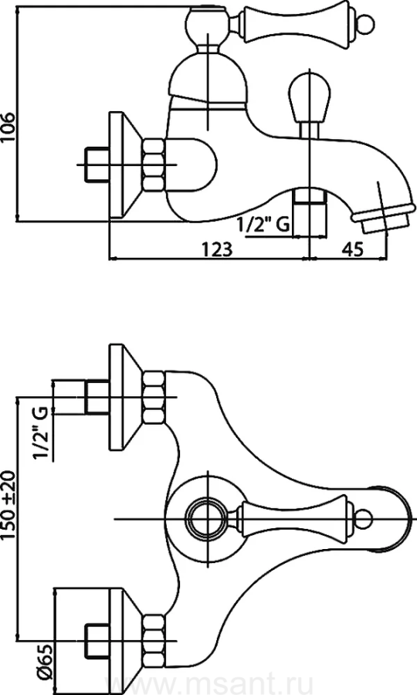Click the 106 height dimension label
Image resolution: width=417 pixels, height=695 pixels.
click(8, 127)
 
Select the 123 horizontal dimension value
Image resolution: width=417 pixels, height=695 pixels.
click(217, 249)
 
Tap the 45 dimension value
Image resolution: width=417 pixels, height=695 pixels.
click(352, 249)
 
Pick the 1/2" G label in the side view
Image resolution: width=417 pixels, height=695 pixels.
click(263, 225)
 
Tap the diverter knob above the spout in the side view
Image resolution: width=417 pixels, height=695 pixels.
click(310, 97)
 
